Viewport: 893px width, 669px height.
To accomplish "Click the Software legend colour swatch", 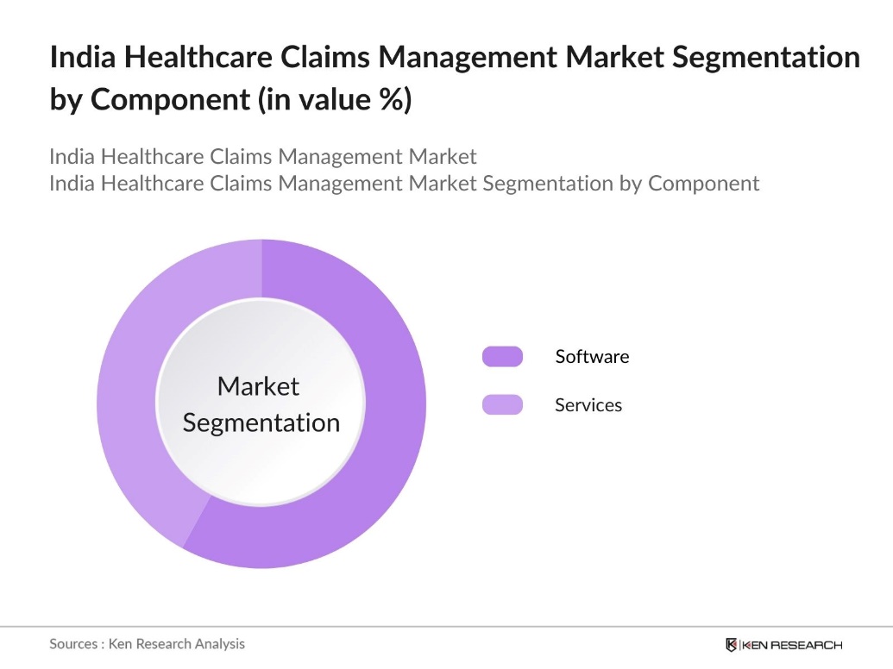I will (x=502, y=356).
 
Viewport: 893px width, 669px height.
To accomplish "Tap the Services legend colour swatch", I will (x=502, y=404).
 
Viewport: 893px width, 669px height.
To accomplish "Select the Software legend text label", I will (x=592, y=356).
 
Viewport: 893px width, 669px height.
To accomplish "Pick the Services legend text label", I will (x=588, y=404).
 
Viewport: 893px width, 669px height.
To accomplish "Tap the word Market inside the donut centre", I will (x=258, y=386).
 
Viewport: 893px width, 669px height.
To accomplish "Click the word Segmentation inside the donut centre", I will (x=261, y=423).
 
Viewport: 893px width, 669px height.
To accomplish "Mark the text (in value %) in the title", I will (x=335, y=100).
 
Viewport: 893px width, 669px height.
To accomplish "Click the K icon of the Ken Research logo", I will (x=732, y=645).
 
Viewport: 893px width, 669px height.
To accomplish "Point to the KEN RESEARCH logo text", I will (x=792, y=645).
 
